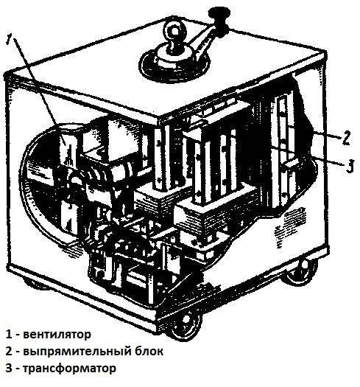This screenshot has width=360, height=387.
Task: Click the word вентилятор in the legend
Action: (57, 335)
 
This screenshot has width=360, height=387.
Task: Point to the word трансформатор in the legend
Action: (69, 369)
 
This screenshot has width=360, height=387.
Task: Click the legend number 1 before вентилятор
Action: (9, 334)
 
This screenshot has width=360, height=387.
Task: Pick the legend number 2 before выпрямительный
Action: (9, 351)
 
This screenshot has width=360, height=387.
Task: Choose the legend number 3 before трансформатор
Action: (9, 368)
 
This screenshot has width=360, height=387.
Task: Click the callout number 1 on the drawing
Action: (10, 40)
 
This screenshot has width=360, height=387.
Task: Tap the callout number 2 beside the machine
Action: (346, 138)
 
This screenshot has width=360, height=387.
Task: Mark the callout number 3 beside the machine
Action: (350, 166)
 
